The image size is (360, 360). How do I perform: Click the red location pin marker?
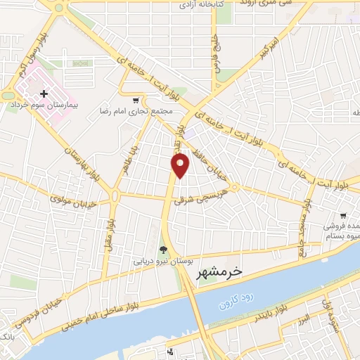[x=181, y=165]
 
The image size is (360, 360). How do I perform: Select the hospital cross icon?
[x=44, y=93]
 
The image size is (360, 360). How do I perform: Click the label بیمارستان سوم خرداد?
[x=41, y=103]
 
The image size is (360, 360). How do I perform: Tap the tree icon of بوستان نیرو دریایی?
[x=164, y=250]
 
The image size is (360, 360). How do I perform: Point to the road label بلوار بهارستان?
[x=74, y=153]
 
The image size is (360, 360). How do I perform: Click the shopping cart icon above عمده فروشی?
[x=342, y=216]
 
